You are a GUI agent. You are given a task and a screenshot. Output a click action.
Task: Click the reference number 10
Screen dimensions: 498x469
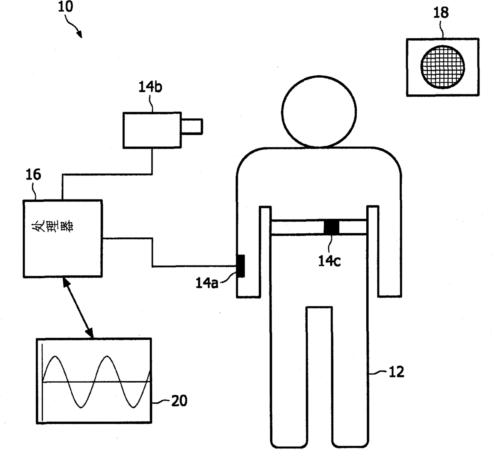[x=65, y=7]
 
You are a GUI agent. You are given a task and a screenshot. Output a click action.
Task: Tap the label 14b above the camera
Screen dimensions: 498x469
[x=150, y=87]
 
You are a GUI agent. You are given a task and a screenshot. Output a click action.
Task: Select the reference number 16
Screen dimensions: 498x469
[x=33, y=175]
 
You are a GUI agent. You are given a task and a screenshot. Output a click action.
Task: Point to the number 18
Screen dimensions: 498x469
[x=441, y=12]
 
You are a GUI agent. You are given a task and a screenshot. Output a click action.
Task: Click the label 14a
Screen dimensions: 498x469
[x=207, y=283]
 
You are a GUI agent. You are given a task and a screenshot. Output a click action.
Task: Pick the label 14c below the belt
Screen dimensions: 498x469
[x=329, y=261]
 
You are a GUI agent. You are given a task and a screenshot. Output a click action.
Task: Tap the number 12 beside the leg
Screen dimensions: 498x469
[x=396, y=372]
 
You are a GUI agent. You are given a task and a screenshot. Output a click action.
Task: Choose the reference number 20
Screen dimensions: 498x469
[x=179, y=401]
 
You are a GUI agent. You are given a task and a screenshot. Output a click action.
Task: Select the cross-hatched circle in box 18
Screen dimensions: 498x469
[x=443, y=67]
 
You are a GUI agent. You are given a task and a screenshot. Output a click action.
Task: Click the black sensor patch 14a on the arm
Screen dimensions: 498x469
[x=241, y=266]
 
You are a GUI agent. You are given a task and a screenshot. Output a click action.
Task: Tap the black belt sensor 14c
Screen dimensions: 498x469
[x=331, y=227]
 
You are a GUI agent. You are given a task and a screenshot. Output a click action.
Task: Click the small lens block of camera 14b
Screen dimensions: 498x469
[x=192, y=126]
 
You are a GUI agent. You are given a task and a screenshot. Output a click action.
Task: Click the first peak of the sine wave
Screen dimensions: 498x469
[x=55, y=357]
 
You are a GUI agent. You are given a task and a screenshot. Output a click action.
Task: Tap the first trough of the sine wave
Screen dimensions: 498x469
[x=81, y=407]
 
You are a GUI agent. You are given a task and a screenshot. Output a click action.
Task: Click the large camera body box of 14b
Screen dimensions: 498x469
[x=152, y=130]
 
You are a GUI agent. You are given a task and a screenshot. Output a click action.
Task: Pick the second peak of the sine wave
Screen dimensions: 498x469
[x=107, y=357]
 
